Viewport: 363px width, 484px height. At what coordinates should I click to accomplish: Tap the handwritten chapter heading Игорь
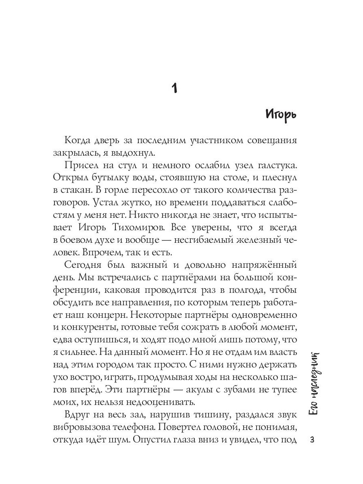click(x=281, y=115)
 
